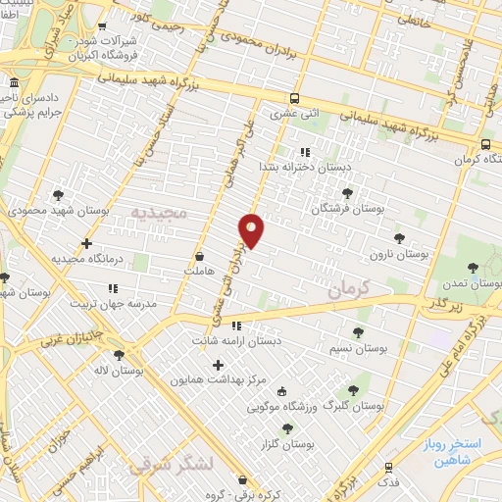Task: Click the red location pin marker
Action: click(x=251, y=229)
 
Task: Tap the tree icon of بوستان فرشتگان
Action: click(x=347, y=192)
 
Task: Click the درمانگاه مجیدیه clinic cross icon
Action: click(x=87, y=242)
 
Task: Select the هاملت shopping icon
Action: click(x=200, y=256)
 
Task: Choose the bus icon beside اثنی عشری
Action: click(x=295, y=98)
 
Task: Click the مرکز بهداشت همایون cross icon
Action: click(x=219, y=365)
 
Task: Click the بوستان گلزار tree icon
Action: click(x=287, y=427)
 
